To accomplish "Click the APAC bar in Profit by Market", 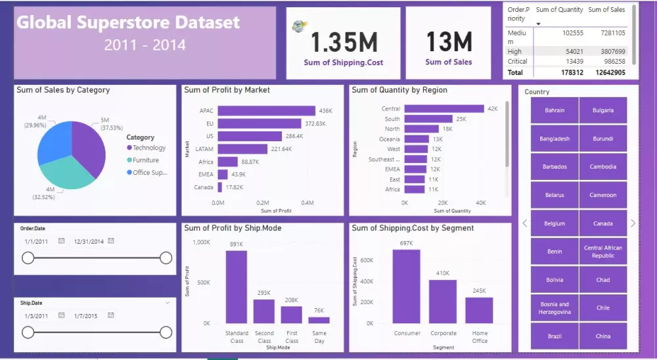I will (x=266, y=110).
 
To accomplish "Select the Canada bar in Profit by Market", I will (x=220, y=187).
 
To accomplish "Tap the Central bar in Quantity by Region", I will (x=444, y=108).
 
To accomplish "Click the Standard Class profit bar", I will (x=237, y=287).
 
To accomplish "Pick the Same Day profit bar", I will (x=319, y=320).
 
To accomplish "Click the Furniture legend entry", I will (x=145, y=160).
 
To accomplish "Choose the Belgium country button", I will (x=555, y=223).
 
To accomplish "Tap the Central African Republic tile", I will (x=603, y=252).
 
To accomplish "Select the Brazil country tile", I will (x=555, y=336).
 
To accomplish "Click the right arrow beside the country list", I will (x=633, y=223).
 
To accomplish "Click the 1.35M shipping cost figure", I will (x=344, y=42).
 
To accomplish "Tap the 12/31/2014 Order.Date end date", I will (x=89, y=241).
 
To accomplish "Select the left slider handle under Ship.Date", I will (x=28, y=332).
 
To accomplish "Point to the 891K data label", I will (x=237, y=244).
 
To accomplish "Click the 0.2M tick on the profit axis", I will (x=263, y=203).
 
